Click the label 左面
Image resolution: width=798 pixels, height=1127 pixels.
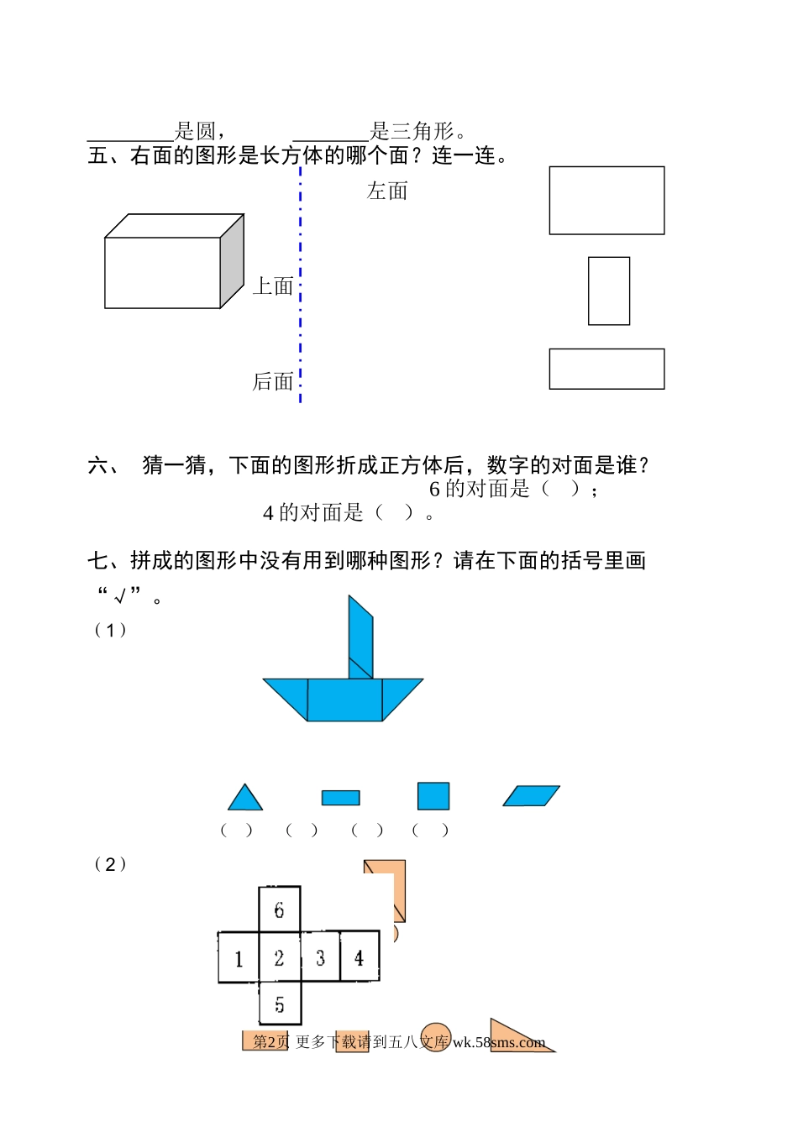tap(387, 191)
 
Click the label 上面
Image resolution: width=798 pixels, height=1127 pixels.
tap(273, 286)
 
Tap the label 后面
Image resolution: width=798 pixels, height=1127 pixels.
tap(273, 382)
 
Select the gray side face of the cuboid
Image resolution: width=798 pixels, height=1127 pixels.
tap(232, 260)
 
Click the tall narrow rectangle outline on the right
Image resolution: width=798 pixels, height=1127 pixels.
tap(609, 291)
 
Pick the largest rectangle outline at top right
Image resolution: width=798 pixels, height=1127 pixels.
tap(606, 200)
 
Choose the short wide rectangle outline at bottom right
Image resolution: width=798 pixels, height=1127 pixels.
tap(606, 369)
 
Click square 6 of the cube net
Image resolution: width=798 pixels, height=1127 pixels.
tap(279, 909)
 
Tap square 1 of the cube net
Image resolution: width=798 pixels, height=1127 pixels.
tap(239, 957)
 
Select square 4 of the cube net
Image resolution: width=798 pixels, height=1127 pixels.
tap(360, 957)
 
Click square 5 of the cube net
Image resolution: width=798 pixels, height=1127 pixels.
tap(279, 1004)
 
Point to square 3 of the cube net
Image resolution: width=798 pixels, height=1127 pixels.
tap(320, 957)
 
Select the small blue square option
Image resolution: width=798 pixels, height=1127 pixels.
tap(433, 796)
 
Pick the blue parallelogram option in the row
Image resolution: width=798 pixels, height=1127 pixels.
tap(531, 795)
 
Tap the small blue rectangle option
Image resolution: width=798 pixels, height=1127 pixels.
tap(340, 798)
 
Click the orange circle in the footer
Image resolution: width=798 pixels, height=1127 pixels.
tap(435, 1036)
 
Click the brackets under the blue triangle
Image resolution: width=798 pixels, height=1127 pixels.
tap(236, 831)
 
